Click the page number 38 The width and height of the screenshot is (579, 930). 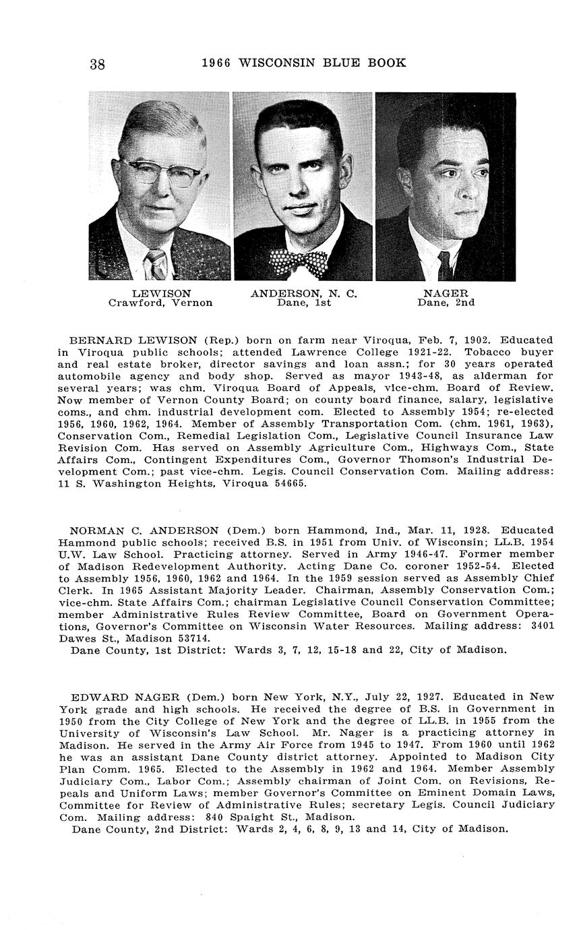point(97,65)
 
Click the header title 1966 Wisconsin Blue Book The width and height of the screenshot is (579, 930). point(304,63)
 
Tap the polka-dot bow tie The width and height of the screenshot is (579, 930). point(298,261)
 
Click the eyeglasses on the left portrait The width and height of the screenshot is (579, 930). point(162,171)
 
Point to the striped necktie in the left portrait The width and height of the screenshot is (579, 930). point(156,263)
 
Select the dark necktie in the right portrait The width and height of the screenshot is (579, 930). point(444,266)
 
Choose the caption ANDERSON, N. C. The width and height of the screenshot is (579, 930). point(303,294)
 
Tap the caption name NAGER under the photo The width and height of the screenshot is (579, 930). point(446,294)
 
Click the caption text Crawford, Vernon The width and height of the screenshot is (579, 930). point(160,303)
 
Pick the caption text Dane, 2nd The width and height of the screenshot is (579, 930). point(446,303)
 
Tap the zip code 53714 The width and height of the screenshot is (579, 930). point(192,638)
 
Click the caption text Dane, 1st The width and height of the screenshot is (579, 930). point(303,303)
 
